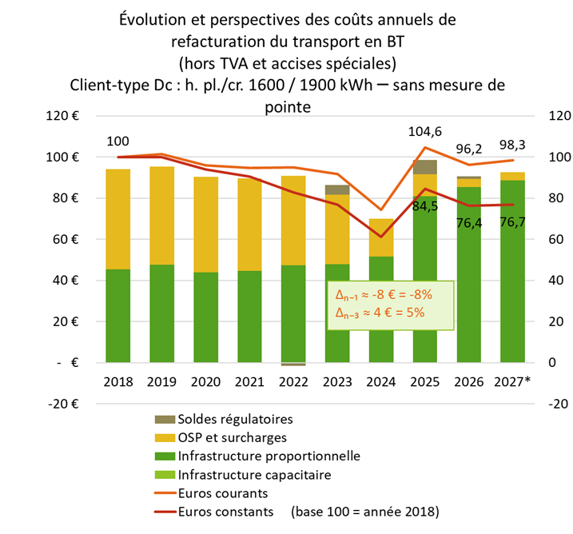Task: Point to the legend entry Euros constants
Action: click(226, 511)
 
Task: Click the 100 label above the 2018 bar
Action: click(117, 142)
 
